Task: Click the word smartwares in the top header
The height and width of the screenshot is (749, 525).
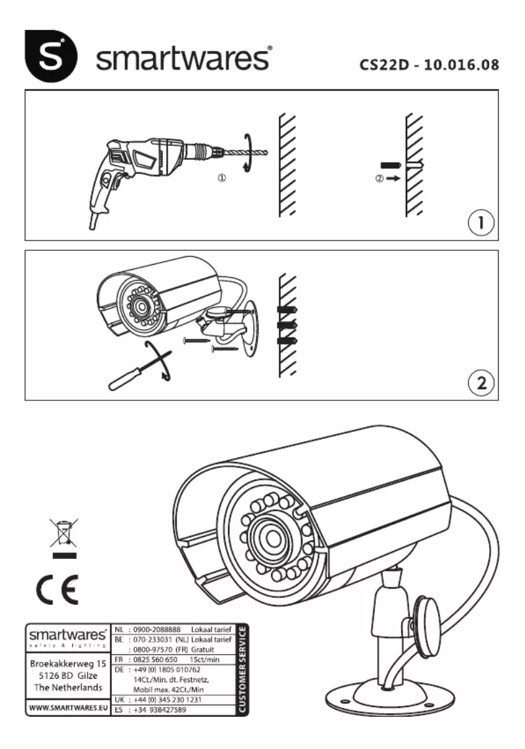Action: click(x=184, y=60)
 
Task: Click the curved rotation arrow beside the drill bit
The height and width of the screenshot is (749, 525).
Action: click(x=247, y=152)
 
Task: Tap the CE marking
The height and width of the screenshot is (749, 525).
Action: click(x=57, y=590)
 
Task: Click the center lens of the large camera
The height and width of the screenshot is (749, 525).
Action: click(x=269, y=537)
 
